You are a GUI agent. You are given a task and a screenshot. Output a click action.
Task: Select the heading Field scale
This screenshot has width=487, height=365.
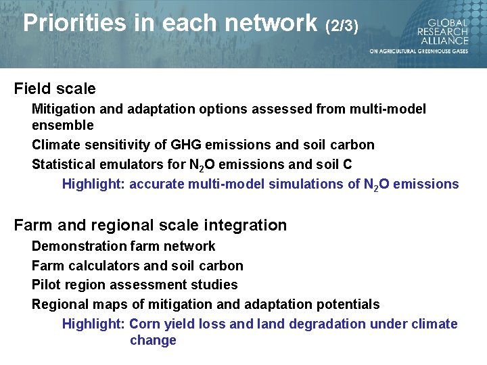55,89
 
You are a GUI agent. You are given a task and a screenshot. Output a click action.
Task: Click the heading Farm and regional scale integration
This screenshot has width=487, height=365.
150,225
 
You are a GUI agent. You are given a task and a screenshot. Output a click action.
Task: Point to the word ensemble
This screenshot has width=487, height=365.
63,125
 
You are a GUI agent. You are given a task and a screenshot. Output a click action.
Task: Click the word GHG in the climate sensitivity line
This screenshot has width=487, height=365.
186,145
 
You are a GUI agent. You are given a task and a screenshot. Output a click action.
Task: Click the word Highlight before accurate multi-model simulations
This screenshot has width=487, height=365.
93,184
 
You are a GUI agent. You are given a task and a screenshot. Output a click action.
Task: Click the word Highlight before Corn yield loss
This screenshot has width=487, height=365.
93,324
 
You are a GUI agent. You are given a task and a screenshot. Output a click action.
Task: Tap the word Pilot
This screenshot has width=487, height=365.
45,285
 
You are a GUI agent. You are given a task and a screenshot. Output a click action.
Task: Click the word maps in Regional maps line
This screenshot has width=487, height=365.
106,305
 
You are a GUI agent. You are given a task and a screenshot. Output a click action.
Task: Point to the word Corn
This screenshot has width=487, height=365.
143,324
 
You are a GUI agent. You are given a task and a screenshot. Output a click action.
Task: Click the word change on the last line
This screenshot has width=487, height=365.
153,340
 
